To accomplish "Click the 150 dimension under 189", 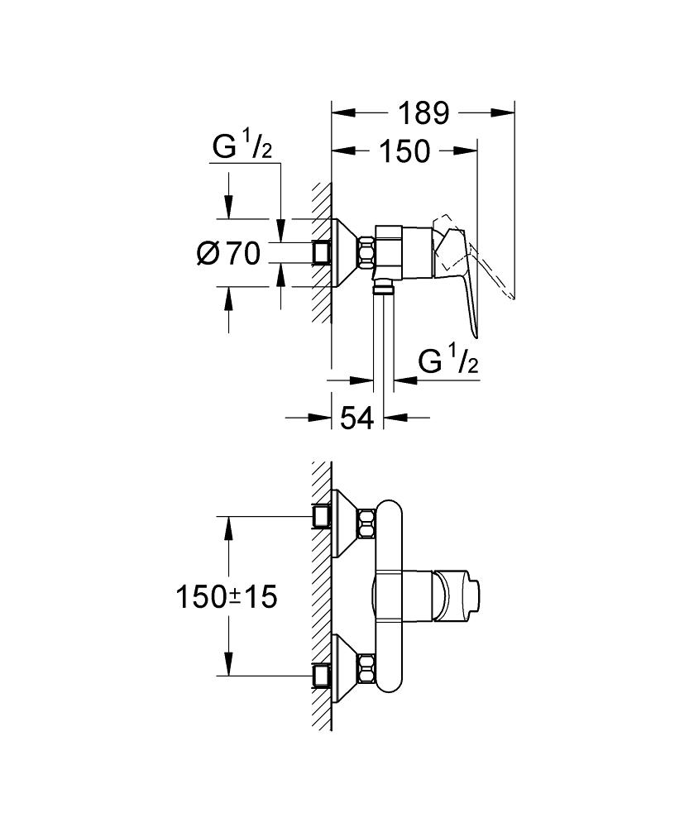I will click(404, 151).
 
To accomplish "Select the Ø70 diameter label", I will click(229, 254).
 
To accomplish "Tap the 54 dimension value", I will click(357, 418).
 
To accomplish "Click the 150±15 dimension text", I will click(225, 597).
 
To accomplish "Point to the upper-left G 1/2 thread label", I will click(242, 148).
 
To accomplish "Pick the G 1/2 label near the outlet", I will click(448, 361).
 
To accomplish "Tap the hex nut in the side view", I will click(366, 251).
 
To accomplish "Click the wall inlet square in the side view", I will click(322, 251).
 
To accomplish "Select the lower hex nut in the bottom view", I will click(366, 667).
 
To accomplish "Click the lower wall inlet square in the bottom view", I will click(322, 676).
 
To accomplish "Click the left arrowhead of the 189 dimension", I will click(340, 112).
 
